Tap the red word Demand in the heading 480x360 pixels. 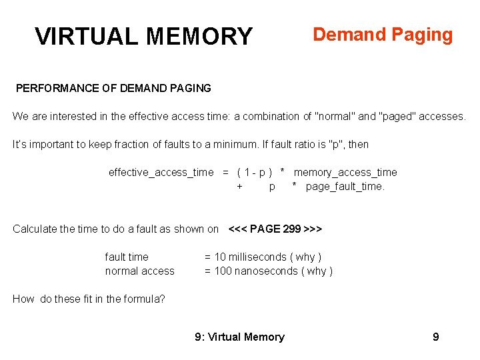[x=344, y=35]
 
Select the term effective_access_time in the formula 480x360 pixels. [x=161, y=172]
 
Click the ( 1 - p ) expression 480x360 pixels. [x=255, y=172]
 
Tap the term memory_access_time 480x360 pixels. [x=345, y=172]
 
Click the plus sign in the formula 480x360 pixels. [x=240, y=187]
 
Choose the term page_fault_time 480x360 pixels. [x=345, y=187]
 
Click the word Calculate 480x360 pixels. [x=34, y=229]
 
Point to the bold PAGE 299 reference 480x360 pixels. [x=275, y=229]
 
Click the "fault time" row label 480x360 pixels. [x=127, y=257]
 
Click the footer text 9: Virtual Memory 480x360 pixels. [x=239, y=337]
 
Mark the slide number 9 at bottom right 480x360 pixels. [x=436, y=337]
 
